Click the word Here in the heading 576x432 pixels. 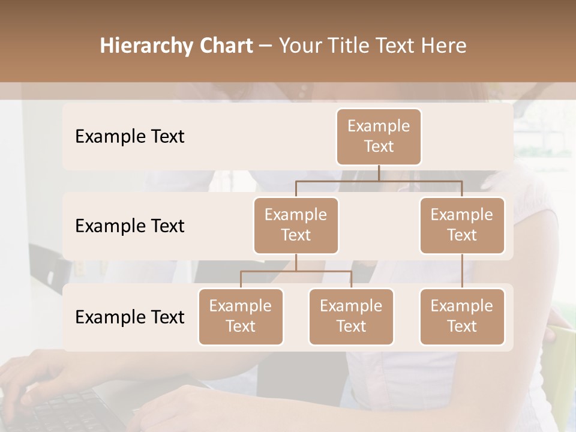[445, 46]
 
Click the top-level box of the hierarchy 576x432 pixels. [379, 136]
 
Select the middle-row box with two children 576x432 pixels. [296, 225]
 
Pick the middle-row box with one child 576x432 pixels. [462, 225]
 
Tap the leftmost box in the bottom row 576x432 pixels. [241, 316]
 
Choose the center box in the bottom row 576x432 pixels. [351, 316]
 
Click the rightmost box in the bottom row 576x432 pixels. [462, 316]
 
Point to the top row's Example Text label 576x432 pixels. [130, 137]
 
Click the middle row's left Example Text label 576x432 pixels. [130, 226]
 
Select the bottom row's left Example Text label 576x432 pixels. [130, 317]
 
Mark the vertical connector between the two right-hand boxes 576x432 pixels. [462, 271]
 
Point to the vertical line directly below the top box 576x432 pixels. [379, 173]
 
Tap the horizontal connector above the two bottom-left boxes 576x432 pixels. [296, 271]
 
